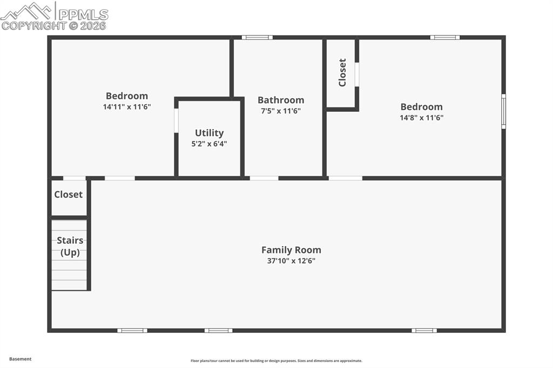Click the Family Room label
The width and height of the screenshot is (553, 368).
(291, 250)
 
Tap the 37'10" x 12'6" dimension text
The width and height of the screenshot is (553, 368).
(291, 261)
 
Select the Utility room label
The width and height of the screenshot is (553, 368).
(209, 133)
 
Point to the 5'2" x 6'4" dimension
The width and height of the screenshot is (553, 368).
(209, 144)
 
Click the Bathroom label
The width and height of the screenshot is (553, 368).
(280, 100)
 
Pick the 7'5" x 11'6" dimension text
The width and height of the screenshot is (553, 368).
(280, 111)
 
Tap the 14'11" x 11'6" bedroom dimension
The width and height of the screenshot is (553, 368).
(126, 107)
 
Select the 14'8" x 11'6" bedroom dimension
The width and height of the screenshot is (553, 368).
(421, 118)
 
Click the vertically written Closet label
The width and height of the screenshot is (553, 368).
(342, 72)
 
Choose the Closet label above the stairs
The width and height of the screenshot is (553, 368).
(69, 194)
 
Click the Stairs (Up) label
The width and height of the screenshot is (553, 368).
(70, 247)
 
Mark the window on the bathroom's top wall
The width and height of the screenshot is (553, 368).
(257, 38)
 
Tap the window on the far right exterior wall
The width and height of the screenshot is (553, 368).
(503, 112)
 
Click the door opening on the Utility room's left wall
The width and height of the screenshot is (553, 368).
(176, 120)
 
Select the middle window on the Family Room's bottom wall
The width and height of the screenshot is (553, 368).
(218, 330)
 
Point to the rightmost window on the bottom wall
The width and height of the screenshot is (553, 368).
(424, 330)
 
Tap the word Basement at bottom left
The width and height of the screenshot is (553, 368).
(21, 359)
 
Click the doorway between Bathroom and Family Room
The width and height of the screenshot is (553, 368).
(264, 178)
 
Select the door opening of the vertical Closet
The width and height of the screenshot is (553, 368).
(356, 74)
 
